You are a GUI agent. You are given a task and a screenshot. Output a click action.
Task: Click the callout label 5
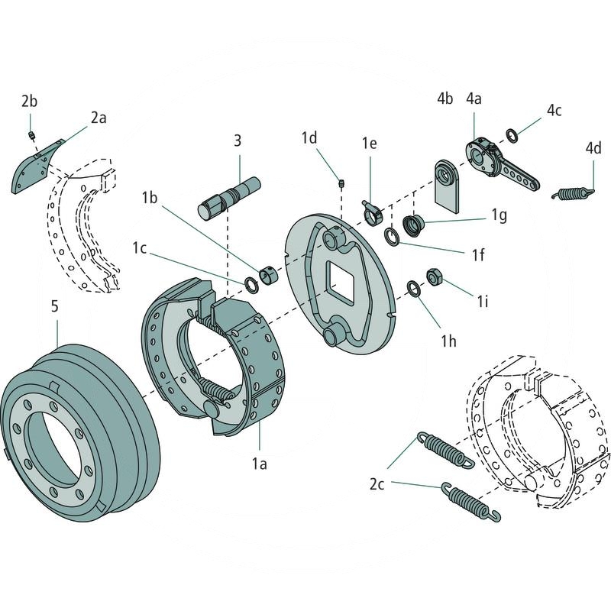coord(54,307)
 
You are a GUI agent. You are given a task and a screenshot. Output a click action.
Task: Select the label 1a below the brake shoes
coord(260,462)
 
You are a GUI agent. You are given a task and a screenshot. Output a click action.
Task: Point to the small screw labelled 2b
coord(31,135)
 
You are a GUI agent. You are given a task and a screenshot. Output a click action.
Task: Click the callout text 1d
coord(309,137)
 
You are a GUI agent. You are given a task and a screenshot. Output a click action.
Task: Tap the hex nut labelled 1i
coord(432,276)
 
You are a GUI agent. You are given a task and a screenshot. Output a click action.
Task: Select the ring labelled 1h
coord(412,289)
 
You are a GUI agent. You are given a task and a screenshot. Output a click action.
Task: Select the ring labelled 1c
coord(251,285)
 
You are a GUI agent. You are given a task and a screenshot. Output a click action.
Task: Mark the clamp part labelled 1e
coord(371,212)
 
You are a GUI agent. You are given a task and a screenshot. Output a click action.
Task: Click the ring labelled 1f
coord(391,237)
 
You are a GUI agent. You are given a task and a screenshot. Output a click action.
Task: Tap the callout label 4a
coord(475,99)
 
